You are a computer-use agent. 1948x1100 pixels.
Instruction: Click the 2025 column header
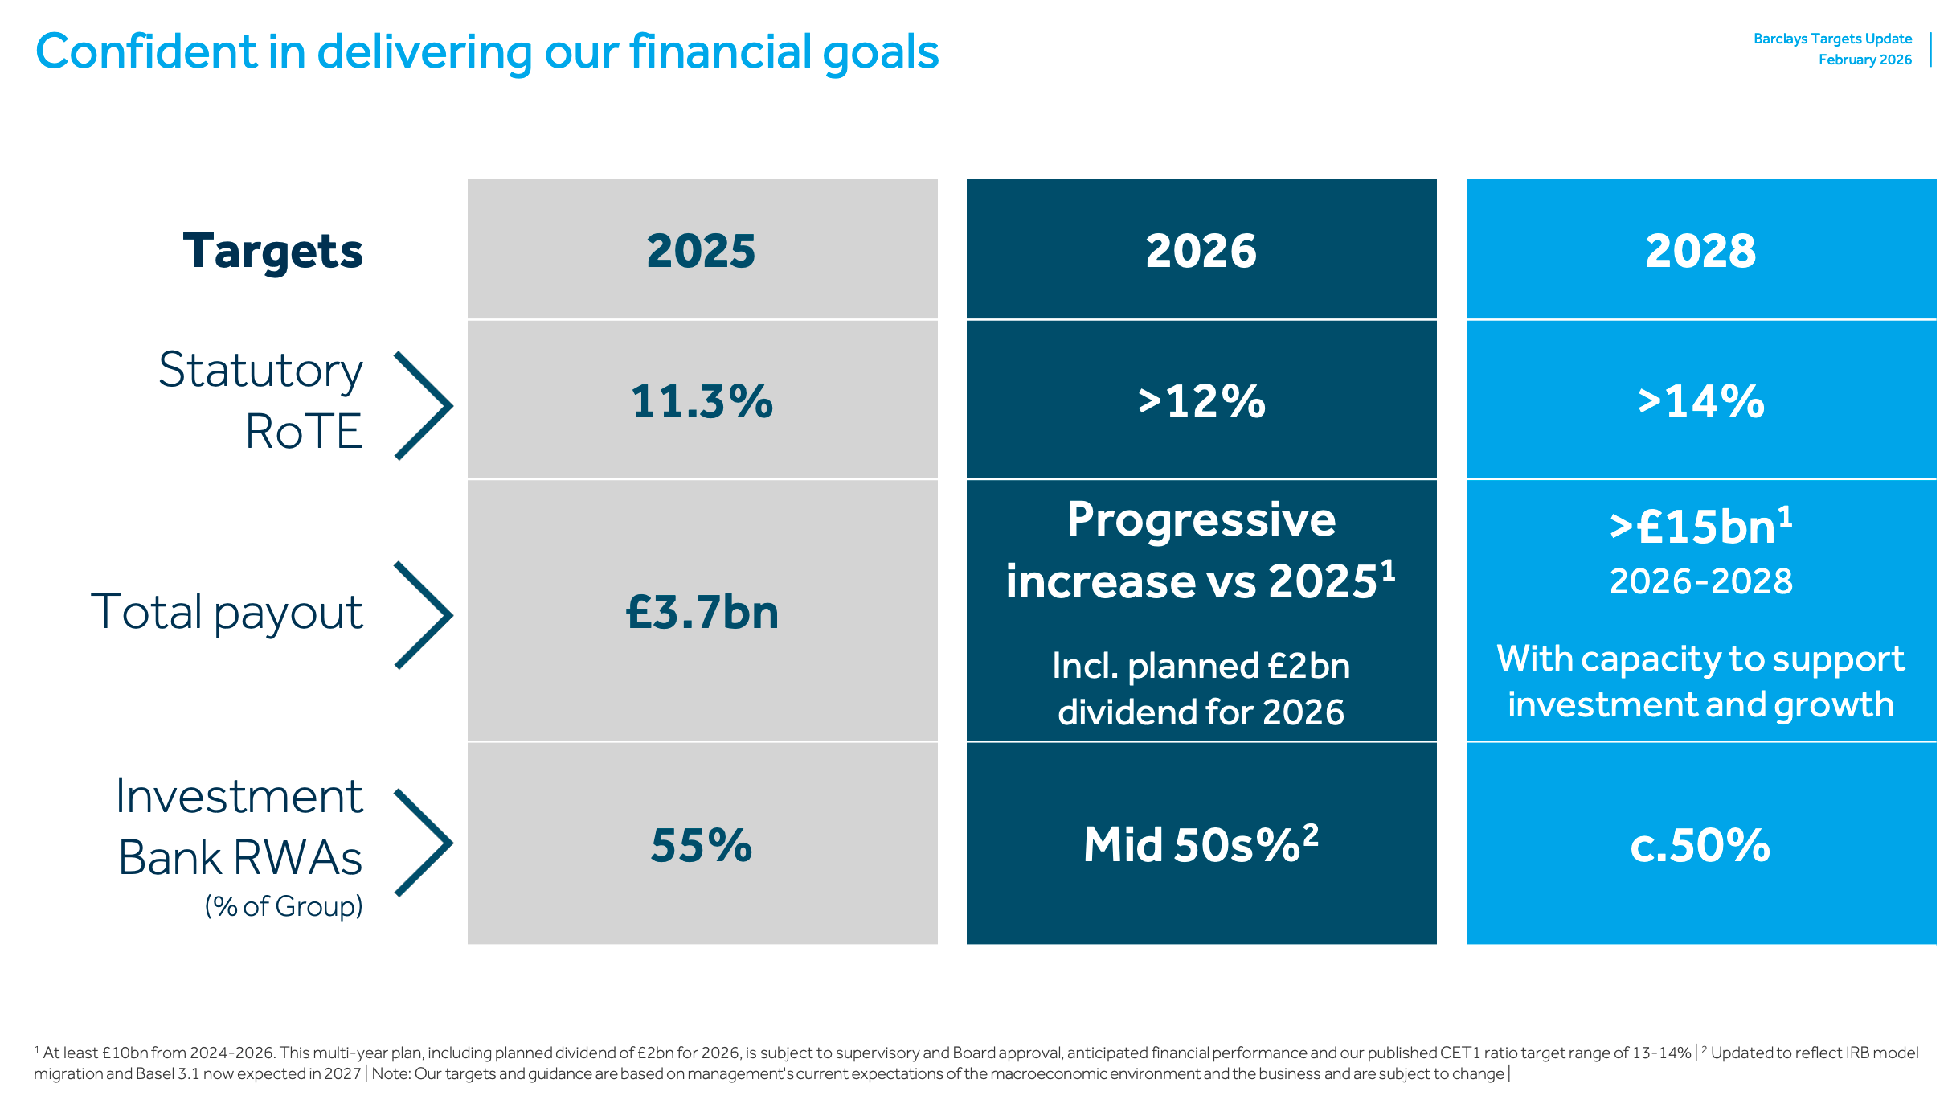pyautogui.click(x=701, y=251)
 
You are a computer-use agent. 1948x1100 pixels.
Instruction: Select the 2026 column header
pyautogui.click(x=1201, y=251)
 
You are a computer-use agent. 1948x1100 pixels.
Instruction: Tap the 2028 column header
pyautogui.click(x=1700, y=251)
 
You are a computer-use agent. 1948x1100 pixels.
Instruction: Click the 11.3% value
pyautogui.click(x=702, y=401)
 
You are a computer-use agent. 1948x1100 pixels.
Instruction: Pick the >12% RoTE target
pyautogui.click(x=1201, y=401)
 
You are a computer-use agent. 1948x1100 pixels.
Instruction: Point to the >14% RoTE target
pyautogui.click(x=1701, y=401)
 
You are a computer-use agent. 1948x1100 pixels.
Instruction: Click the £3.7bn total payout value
pyautogui.click(x=702, y=612)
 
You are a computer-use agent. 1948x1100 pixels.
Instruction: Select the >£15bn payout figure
pyautogui.click(x=1700, y=527)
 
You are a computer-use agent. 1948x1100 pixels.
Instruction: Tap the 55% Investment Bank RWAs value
pyautogui.click(x=702, y=845)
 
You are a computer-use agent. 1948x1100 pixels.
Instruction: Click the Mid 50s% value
pyautogui.click(x=1201, y=843)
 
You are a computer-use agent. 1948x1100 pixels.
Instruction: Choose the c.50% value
pyautogui.click(x=1700, y=845)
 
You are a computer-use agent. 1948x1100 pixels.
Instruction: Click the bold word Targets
pyautogui.click(x=272, y=252)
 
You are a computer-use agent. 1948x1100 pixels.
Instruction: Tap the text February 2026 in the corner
pyautogui.click(x=1865, y=60)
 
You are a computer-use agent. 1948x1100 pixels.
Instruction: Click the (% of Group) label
pyautogui.click(x=284, y=906)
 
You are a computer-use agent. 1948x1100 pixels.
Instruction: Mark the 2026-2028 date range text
pyautogui.click(x=1700, y=581)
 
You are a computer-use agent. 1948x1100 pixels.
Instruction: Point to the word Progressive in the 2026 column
pyautogui.click(x=1201, y=519)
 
